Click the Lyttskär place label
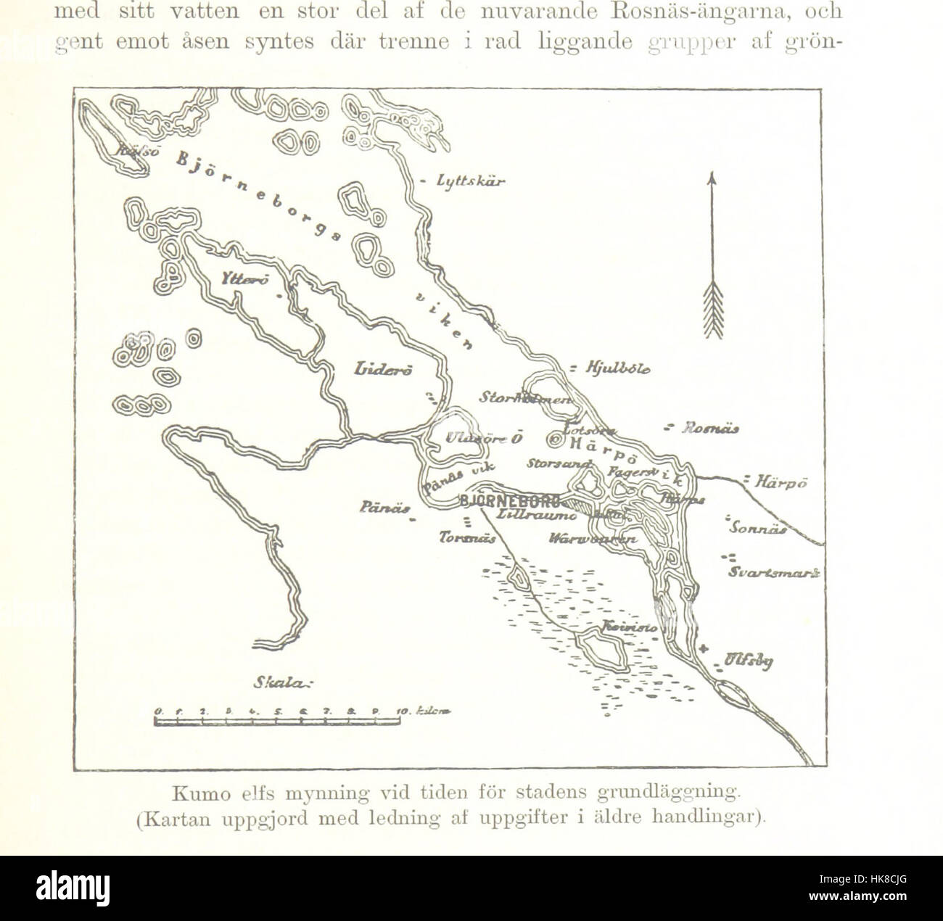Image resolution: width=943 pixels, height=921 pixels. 471,181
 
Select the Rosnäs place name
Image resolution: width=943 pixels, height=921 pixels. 710,429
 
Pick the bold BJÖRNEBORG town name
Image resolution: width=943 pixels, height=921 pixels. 510,500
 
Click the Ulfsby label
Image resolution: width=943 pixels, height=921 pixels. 748,661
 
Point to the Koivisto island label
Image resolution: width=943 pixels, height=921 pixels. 630,626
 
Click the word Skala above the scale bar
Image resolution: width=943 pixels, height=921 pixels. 280,682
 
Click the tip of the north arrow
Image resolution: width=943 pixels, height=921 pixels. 712,175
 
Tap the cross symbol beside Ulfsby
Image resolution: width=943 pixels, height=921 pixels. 703,648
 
